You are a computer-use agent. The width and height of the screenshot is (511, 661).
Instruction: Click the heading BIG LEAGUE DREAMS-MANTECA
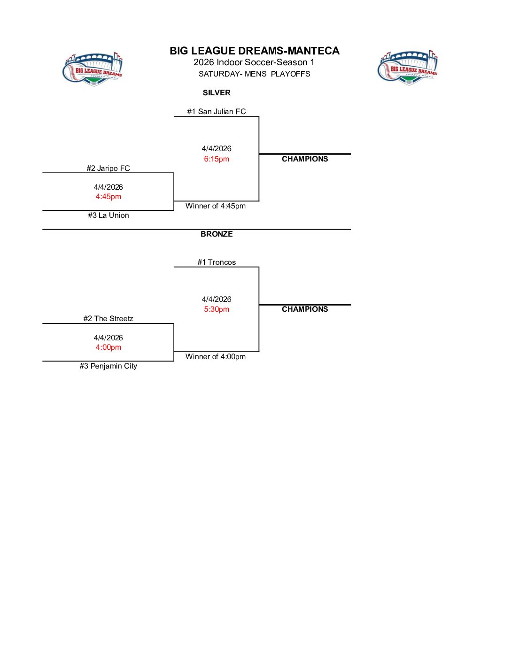click(x=254, y=51)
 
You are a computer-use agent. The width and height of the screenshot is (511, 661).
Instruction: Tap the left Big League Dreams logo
click(x=93, y=69)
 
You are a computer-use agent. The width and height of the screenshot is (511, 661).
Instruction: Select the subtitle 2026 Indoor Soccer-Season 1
click(x=254, y=62)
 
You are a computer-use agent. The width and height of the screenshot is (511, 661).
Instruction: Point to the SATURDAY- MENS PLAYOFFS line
click(x=254, y=74)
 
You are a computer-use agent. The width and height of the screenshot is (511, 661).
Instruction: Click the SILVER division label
click(x=217, y=93)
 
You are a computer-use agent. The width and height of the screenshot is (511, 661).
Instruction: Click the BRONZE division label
click(x=217, y=234)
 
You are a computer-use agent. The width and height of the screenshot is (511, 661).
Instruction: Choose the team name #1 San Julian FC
click(x=217, y=112)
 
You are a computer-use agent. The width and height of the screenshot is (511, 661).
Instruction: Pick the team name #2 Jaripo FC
click(x=108, y=168)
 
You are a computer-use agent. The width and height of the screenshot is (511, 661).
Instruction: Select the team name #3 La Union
click(x=108, y=215)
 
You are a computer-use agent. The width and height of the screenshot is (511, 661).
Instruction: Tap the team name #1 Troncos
click(x=217, y=262)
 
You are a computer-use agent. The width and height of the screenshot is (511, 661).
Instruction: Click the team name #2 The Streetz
click(x=108, y=319)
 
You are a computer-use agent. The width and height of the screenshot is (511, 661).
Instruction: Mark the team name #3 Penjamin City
click(x=108, y=366)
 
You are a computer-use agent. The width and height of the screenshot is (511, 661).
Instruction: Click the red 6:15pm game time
click(x=217, y=159)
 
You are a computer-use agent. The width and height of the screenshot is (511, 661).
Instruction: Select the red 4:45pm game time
click(x=108, y=197)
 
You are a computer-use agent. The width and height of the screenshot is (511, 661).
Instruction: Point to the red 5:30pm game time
click(x=217, y=309)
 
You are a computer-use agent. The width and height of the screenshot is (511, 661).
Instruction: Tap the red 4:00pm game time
click(x=108, y=347)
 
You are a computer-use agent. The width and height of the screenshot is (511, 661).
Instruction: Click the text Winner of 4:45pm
click(x=216, y=206)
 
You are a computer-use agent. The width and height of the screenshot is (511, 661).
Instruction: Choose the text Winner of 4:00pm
click(x=216, y=357)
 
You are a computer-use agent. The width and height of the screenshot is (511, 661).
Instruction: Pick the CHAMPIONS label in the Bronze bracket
click(x=305, y=309)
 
